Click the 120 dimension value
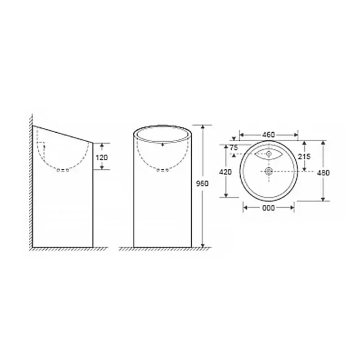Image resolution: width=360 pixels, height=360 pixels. tap(102, 157)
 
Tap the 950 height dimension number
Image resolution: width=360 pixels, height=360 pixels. tap(202, 184)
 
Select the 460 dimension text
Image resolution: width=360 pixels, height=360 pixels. tap(268, 135)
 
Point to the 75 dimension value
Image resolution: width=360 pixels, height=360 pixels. tap(234, 148)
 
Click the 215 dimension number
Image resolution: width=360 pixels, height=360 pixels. tap(304, 156)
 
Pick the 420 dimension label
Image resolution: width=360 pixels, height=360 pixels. tap(225, 172)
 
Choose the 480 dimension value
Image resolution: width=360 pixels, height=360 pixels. tap(323, 173)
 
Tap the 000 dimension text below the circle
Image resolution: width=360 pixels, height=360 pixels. tap(268, 208)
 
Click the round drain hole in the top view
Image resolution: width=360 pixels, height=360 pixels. tap(269, 171)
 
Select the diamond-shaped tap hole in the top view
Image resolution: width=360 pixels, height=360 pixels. tap(269, 153)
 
